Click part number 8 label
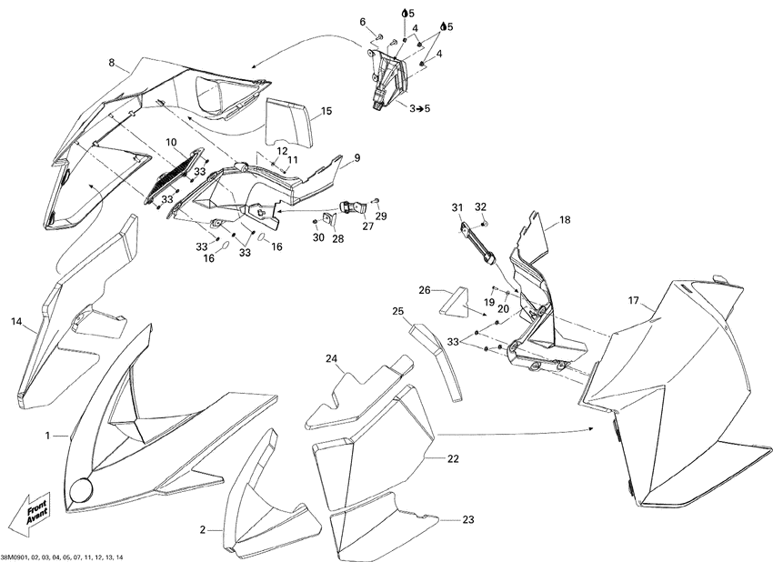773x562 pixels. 112,63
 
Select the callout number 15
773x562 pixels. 326,111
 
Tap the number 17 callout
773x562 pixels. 633,300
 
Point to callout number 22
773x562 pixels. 453,459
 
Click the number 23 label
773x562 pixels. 467,520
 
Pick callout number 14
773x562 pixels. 16,321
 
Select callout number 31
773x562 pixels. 457,208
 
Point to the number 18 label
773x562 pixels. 565,220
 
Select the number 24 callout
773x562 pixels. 332,358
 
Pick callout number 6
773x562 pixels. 362,22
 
